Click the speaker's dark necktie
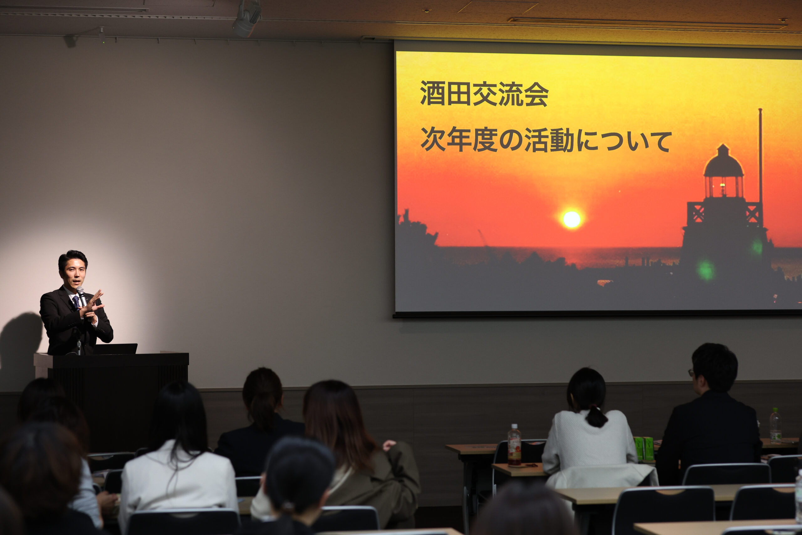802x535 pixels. tap(76, 302)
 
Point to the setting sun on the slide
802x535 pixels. tap(571, 219)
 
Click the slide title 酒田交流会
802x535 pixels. tap(484, 94)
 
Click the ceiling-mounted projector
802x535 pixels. tap(247, 19)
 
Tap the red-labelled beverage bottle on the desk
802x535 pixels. tap(514, 445)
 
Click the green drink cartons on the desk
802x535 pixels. tap(644, 448)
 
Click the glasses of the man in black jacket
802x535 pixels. tap(691, 372)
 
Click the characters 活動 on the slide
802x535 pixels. tap(550, 140)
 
